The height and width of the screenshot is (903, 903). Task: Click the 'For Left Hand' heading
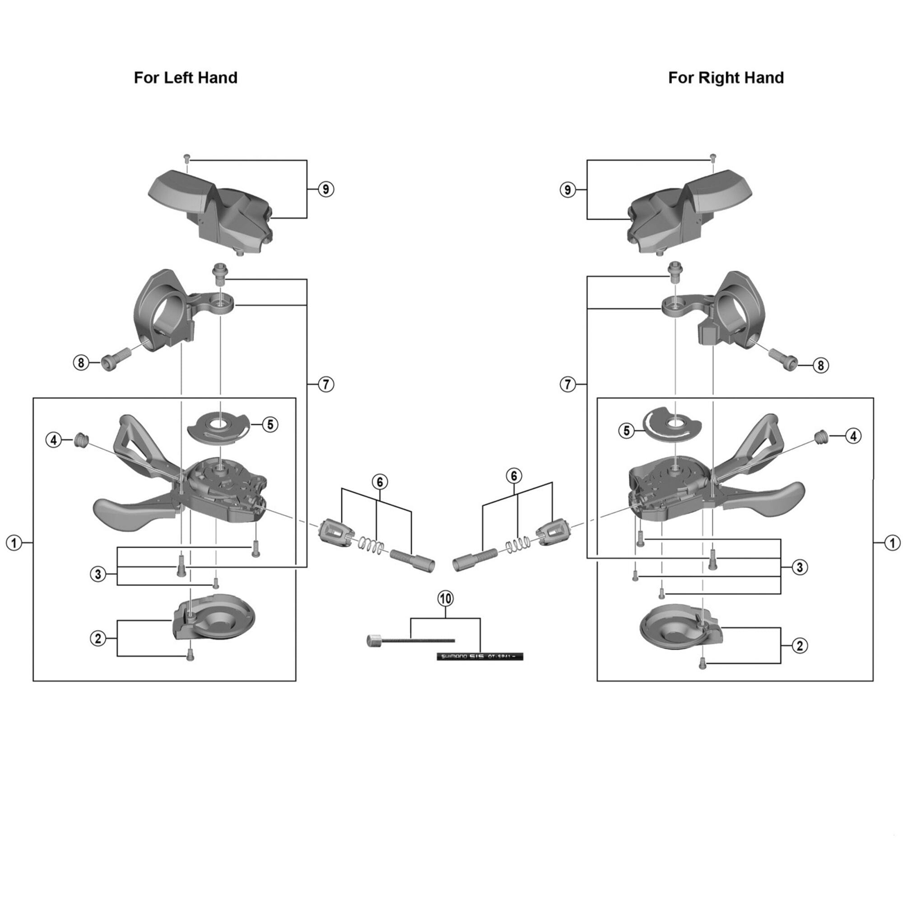pos(186,78)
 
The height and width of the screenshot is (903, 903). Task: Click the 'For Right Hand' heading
pos(726,78)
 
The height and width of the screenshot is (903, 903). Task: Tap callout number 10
pos(446,598)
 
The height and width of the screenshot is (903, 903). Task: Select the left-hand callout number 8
pos(81,362)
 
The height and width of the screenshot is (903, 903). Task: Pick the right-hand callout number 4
pos(853,436)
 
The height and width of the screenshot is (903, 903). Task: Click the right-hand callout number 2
pos(800,646)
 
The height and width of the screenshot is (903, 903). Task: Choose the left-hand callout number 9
pos(326,189)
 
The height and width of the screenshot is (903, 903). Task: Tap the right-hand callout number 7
pos(568,385)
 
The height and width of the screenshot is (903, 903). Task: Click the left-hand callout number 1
pos(14,543)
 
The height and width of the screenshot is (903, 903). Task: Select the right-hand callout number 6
pos(514,476)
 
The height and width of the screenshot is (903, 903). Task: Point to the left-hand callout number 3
pos(98,574)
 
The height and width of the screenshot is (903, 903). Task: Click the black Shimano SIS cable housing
pos(479,656)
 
